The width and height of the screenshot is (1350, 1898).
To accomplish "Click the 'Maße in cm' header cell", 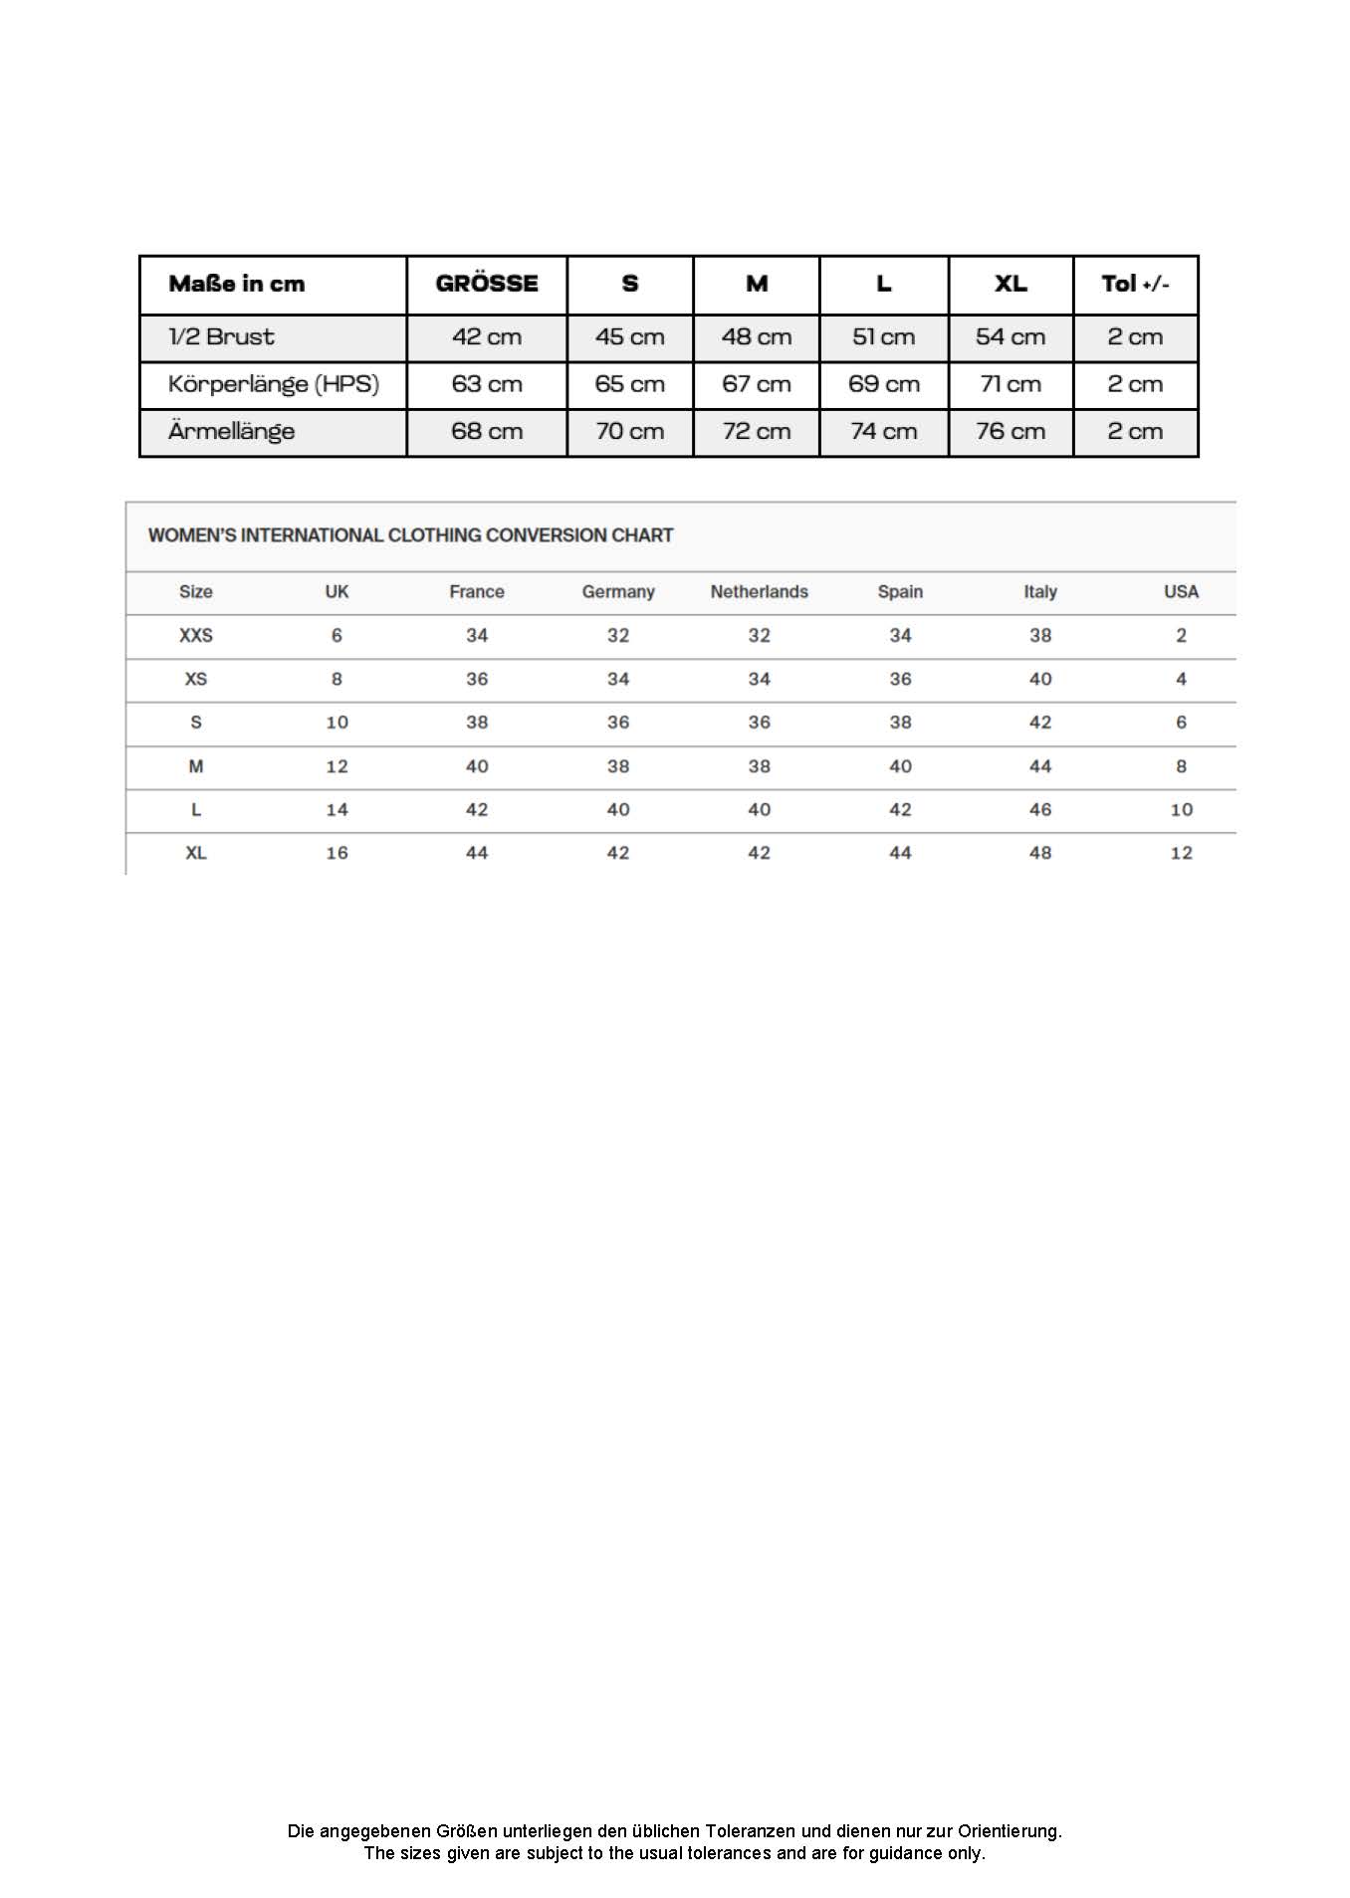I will coord(237,285).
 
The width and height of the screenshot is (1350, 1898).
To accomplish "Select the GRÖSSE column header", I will coord(487,285).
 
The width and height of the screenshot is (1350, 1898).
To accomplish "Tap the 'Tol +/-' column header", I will coord(1135,285).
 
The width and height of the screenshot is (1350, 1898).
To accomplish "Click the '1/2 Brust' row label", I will coord(221,337).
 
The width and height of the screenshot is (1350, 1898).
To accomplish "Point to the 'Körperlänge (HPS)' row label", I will coord(274,384).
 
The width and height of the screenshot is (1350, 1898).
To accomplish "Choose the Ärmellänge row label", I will coord(232,432).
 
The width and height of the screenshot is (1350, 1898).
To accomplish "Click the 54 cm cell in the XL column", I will coord(1011,337).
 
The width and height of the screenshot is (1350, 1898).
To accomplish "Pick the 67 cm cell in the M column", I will coord(757,384).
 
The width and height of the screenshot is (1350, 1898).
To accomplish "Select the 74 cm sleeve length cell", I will coord(883,432).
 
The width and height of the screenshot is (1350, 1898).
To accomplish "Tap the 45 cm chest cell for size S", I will coord(630,337).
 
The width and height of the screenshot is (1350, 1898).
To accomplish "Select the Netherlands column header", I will coord(759,592).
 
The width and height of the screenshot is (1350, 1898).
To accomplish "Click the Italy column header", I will coord(1040,592).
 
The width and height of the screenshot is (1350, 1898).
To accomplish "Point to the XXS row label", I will coord(196,636).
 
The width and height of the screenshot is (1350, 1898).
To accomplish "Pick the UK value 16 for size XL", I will coord(337,853).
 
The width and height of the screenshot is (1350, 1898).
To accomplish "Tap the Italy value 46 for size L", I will coord(1040,810).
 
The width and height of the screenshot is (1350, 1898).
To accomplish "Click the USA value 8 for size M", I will coord(1181,766).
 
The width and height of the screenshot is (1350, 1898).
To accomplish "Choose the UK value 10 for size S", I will coord(337,723).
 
